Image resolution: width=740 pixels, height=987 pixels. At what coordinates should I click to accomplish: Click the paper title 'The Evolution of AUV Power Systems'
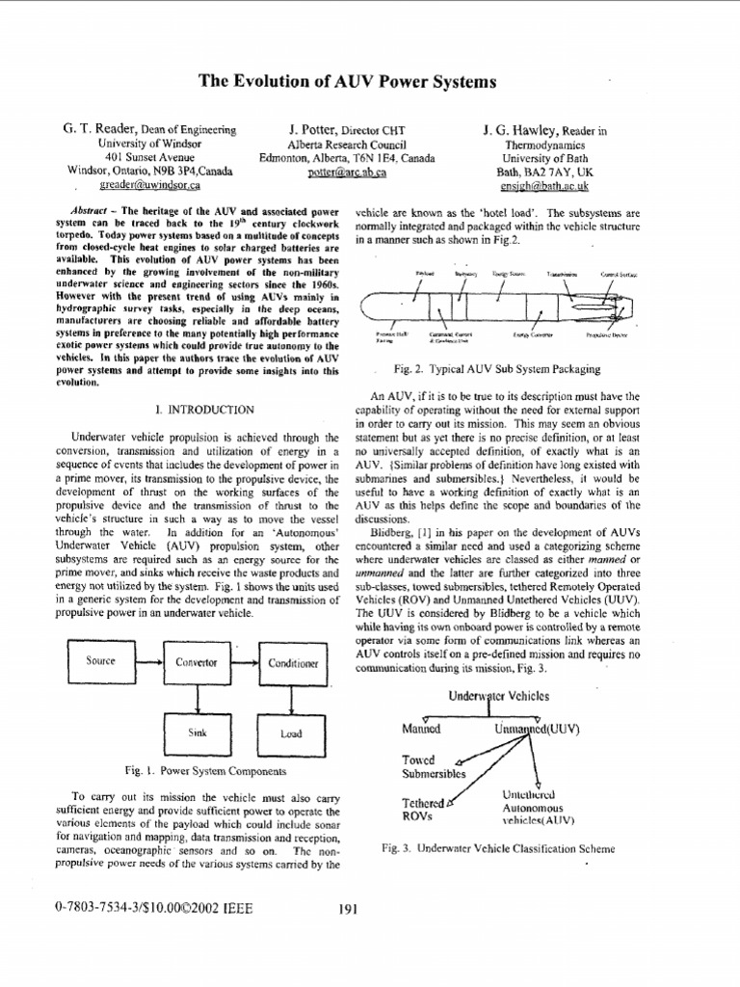(x=347, y=83)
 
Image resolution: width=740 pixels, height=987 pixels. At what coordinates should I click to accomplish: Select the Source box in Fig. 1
(x=101, y=662)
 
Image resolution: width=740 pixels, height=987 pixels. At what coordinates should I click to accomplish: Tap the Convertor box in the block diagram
(x=196, y=662)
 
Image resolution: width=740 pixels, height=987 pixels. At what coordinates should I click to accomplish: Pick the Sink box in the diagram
(x=197, y=734)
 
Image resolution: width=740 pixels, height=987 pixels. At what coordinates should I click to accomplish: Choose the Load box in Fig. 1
(x=290, y=734)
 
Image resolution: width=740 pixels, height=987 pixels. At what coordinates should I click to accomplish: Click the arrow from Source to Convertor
(x=149, y=662)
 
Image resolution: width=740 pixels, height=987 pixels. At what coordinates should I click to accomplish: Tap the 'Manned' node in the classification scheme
(x=421, y=729)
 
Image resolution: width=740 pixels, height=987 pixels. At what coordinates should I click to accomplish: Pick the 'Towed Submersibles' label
(x=432, y=765)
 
